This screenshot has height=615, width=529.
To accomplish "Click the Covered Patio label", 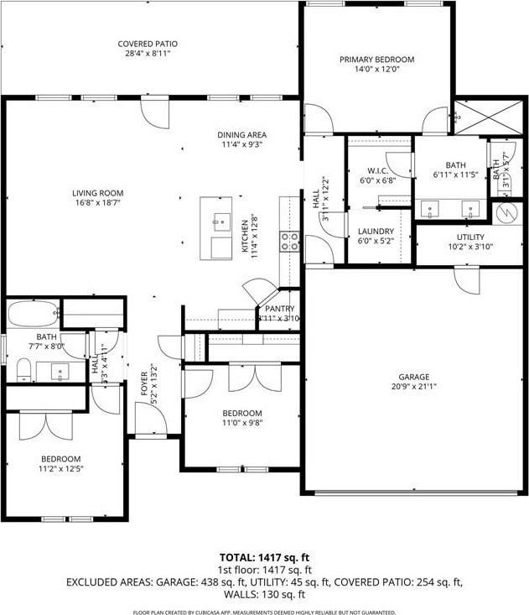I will (x=148, y=44).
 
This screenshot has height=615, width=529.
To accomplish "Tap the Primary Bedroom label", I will (x=376, y=60).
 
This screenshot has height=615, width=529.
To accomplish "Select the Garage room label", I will (x=413, y=377).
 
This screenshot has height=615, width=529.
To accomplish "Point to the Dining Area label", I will (x=243, y=134).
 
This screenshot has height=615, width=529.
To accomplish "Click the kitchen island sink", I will (x=220, y=223).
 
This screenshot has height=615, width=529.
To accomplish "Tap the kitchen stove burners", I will (x=291, y=242).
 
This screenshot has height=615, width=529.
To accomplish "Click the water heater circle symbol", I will (x=506, y=211).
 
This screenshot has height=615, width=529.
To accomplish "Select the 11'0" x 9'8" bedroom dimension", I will (x=242, y=424).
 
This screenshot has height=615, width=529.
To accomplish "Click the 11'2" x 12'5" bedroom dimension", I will (x=61, y=469).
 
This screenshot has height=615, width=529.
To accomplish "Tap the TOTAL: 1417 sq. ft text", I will (x=264, y=556).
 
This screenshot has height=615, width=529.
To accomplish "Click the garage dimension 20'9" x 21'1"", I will (x=413, y=387).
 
